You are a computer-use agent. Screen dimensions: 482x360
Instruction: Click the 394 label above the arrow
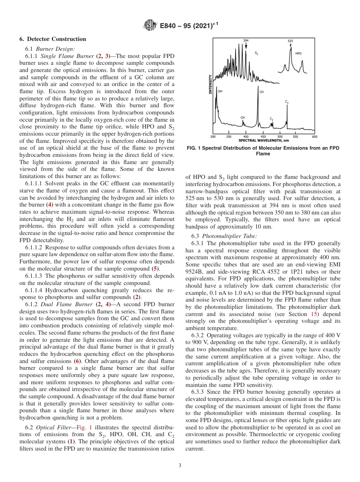pos(246,41)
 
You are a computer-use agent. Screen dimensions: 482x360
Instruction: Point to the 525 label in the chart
pos(290,41)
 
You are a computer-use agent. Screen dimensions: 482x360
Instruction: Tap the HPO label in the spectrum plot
pos(298,53)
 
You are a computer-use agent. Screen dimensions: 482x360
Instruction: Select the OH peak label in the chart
pos(220,91)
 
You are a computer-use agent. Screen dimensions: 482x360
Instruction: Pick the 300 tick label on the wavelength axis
pos(213,136)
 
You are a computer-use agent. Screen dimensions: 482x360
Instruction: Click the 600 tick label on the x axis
pos(314,136)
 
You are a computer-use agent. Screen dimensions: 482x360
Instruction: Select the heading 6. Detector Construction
pos(53,39)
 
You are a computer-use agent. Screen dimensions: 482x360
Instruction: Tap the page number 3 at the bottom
pos(180,465)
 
